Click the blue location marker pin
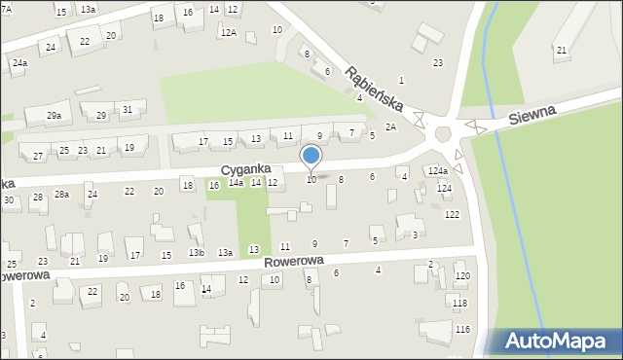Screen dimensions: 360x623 pos(311,157)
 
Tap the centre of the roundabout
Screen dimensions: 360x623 pos(448,133)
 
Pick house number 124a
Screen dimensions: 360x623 pos(438,171)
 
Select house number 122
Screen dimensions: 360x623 pos(452,214)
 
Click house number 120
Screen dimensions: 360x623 pos(462,276)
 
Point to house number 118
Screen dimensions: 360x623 pos(459,303)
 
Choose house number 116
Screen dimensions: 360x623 pos(462,330)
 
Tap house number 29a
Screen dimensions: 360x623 pos(55,116)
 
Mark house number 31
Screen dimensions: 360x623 pos(128,109)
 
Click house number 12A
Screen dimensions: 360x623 pos(228,32)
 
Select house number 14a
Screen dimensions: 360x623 pos(236,182)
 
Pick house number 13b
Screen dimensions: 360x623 pos(197,252)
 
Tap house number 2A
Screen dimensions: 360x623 pos(390,126)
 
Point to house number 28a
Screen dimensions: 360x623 pos(61,195)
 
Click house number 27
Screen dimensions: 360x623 pos(38,156)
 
